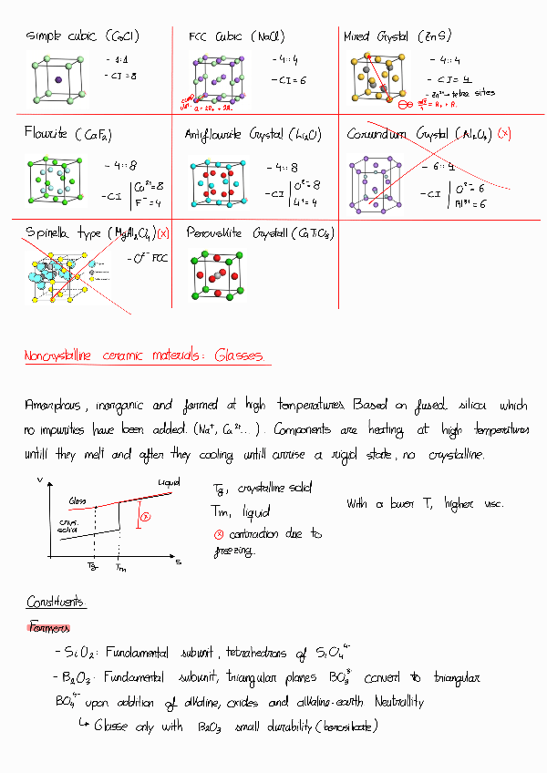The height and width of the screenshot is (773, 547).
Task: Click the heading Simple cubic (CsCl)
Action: (x=82, y=37)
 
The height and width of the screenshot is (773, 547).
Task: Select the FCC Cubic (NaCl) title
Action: (x=236, y=37)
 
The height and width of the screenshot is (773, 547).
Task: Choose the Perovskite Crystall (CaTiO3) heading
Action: (x=258, y=233)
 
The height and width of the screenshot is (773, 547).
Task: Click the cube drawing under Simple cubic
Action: (x=58, y=79)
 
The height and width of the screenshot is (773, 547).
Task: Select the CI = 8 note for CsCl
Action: (x=120, y=75)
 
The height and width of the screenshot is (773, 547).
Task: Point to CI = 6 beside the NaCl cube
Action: (x=288, y=80)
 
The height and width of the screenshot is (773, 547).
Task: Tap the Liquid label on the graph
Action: (x=169, y=481)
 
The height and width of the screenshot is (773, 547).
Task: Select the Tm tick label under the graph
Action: (x=121, y=568)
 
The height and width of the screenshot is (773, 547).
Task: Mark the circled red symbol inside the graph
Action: (x=144, y=517)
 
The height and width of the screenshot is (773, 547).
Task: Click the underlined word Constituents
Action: (x=57, y=603)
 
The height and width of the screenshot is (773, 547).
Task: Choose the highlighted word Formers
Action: (x=50, y=627)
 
